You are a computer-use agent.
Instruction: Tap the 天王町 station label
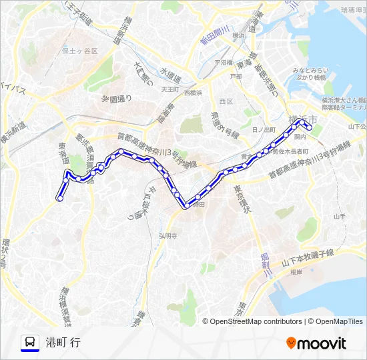coord(169,88)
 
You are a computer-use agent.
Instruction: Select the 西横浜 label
coord(193,93)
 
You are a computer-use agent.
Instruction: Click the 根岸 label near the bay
coord(296,272)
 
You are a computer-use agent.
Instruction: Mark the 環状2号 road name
coord(5,253)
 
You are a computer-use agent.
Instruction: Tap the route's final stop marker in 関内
coord(309,127)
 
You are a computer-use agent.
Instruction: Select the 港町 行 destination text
coord(63,343)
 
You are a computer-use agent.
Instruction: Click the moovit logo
coord(316,343)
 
